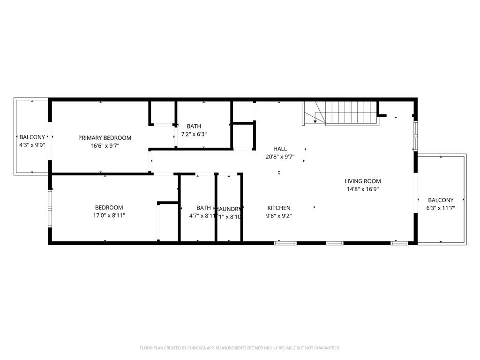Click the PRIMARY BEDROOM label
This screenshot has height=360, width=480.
(x=105, y=138)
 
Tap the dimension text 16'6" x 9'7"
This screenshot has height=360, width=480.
(x=105, y=146)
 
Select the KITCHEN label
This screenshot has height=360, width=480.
(x=279, y=208)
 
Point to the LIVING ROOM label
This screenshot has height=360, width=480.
(x=363, y=181)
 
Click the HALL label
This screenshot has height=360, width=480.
(x=280, y=149)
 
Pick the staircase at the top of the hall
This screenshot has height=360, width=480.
(x=347, y=113)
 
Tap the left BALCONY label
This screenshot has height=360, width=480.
(x=32, y=137)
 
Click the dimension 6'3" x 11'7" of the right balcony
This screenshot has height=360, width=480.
(x=441, y=208)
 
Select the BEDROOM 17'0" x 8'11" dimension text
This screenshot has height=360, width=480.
(x=109, y=216)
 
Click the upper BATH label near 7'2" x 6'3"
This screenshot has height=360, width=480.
(x=194, y=126)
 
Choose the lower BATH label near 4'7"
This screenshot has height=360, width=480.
(x=203, y=208)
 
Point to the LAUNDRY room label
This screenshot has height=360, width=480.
(x=229, y=209)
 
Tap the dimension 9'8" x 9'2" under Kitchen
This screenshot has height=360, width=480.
(x=279, y=216)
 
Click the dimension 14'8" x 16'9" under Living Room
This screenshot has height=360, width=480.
(x=363, y=189)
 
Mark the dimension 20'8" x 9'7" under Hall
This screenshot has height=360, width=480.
(x=280, y=157)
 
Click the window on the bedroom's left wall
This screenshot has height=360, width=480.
(x=50, y=208)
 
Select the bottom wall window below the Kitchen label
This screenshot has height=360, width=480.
(x=285, y=243)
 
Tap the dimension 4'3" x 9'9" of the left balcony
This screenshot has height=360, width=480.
(x=32, y=145)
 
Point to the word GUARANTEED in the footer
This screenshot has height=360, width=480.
(x=325, y=348)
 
